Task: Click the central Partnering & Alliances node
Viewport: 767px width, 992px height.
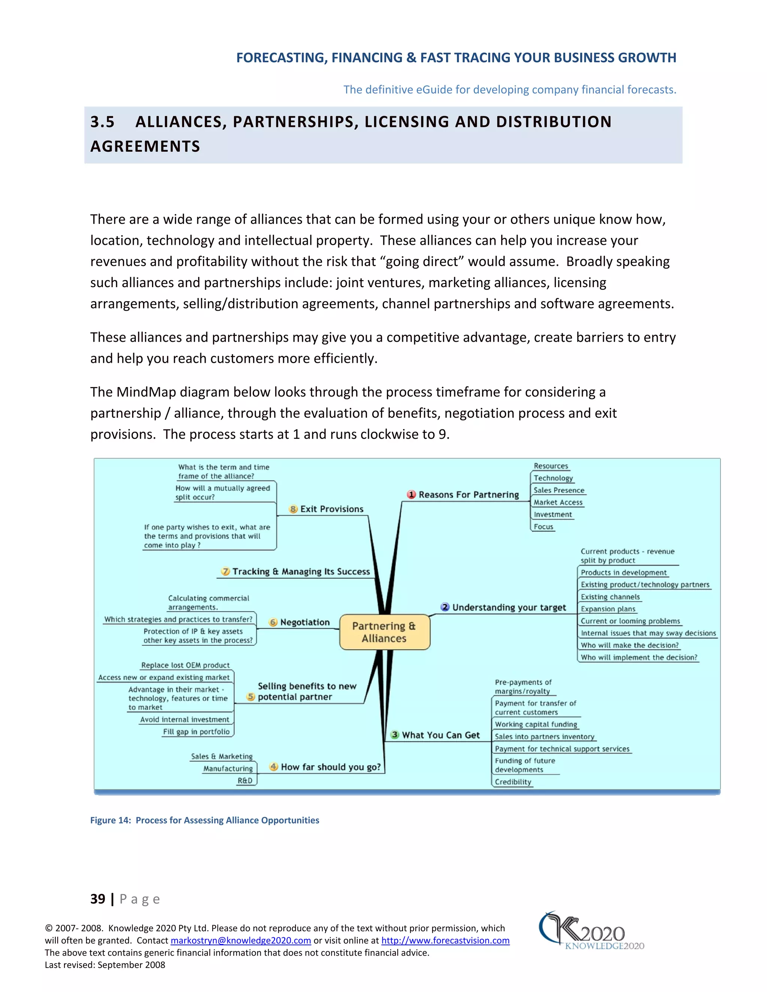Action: (384, 632)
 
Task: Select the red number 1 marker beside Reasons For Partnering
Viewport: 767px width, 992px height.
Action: (411, 495)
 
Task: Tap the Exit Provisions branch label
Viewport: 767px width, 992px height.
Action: (332, 509)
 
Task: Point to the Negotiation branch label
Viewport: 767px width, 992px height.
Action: (305, 622)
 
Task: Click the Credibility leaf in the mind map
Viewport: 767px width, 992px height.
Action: (513, 782)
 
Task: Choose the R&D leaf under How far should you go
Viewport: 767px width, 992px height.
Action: (245, 780)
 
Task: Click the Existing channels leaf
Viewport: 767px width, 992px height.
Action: (610, 597)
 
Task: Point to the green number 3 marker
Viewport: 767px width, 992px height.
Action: (395, 735)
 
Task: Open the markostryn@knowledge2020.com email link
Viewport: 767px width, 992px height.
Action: (241, 940)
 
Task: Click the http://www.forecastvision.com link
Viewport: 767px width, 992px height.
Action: (445, 940)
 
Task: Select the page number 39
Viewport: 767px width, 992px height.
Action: (98, 899)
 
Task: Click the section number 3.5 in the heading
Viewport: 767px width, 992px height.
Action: (103, 122)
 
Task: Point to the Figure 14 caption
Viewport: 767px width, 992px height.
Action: (204, 820)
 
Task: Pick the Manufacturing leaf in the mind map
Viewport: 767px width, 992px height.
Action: (228, 769)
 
